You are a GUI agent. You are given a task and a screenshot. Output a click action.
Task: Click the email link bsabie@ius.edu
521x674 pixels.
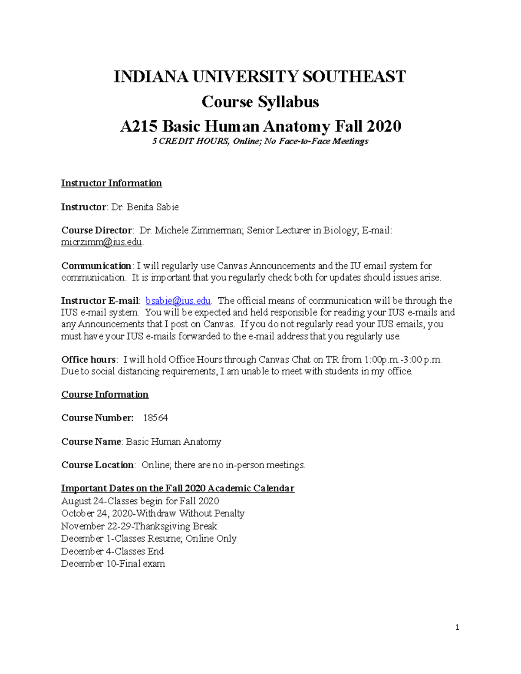[178, 301]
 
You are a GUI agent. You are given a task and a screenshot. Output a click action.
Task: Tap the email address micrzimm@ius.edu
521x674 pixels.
[102, 242]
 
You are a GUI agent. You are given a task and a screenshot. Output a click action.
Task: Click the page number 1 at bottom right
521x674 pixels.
[457, 627]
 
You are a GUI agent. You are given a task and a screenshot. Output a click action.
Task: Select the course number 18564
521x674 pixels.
[155, 418]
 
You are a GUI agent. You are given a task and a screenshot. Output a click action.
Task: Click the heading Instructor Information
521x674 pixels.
[111, 183]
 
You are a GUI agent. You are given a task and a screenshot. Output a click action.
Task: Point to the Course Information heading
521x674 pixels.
[105, 395]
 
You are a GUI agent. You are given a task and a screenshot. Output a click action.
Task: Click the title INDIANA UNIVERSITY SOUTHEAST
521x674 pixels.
[260, 77]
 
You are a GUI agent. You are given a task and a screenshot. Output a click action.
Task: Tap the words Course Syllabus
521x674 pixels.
[260, 102]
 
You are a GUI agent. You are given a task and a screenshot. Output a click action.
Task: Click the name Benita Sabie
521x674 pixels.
[152, 207]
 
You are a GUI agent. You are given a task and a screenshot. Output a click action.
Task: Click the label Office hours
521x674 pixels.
[88, 359]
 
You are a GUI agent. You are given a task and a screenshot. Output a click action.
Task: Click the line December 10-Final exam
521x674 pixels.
[113, 564]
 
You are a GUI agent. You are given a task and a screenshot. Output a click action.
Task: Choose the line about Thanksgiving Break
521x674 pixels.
[139, 526]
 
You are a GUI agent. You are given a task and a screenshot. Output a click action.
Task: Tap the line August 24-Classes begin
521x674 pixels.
[140, 501]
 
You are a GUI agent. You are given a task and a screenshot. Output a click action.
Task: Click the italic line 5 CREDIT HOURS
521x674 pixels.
[260, 141]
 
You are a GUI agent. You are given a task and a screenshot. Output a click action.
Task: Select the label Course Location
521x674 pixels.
[98, 465]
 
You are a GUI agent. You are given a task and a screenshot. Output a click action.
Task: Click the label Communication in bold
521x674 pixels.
[96, 266]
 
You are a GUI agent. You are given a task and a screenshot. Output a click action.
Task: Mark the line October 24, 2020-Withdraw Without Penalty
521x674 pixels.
[153, 513]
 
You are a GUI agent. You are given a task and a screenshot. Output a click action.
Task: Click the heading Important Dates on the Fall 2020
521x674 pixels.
[178, 488]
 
